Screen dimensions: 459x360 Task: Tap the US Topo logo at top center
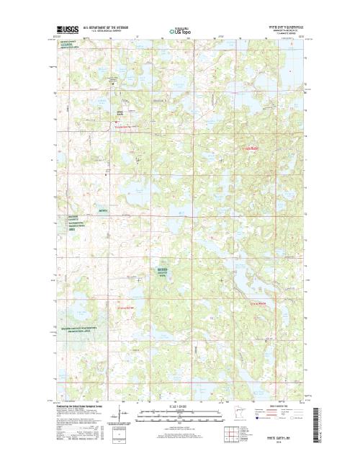(x=180, y=31)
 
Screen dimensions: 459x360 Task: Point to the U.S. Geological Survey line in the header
(x=107, y=32)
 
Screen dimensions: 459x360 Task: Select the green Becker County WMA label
(x=166, y=272)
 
